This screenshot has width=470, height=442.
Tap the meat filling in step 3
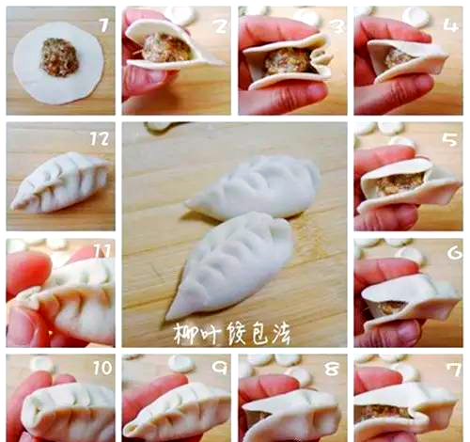pyautogui.click(x=285, y=61)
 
